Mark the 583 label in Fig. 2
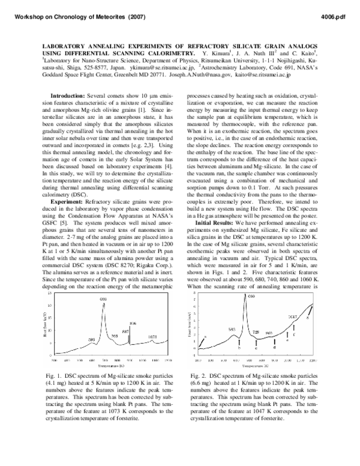(232, 328)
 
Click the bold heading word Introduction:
(69, 95)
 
